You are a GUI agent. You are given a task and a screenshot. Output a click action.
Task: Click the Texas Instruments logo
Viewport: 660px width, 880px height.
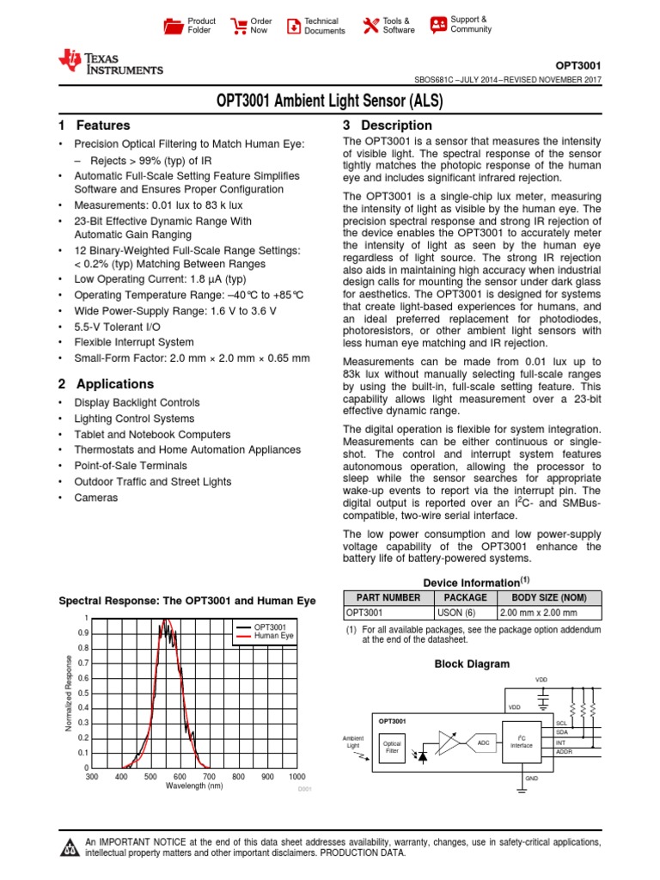109,63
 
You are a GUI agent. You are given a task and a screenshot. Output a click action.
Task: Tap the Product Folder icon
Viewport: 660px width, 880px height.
174,26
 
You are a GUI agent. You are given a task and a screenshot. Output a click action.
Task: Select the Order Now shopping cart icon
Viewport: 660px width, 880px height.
239,26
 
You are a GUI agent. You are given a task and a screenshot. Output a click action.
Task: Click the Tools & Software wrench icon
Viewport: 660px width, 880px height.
370,26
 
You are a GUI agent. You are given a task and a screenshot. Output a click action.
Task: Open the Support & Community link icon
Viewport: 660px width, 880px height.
438,24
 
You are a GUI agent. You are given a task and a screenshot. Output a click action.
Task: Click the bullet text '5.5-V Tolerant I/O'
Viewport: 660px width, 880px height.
117,327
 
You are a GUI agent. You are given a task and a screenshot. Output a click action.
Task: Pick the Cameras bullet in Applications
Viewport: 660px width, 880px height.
96,498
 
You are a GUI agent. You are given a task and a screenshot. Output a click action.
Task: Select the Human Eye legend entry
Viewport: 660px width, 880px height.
274,636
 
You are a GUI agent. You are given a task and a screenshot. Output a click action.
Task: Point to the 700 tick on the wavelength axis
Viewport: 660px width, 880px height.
209,776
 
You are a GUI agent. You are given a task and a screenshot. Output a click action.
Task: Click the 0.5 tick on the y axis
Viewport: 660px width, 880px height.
83,693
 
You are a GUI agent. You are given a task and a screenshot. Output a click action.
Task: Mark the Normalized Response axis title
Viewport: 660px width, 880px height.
69,693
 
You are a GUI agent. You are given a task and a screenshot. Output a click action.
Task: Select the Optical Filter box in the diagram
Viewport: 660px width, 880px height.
392,747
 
